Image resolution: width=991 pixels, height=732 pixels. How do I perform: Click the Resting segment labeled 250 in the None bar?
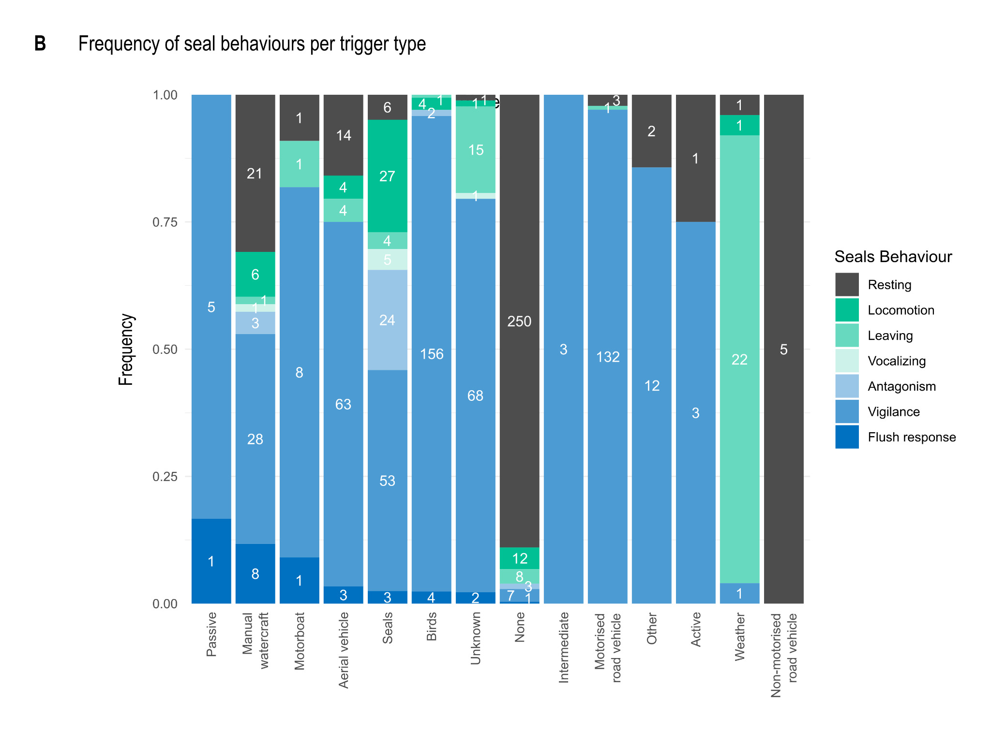click(x=519, y=321)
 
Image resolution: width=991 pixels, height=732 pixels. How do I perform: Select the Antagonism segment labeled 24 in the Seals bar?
click(x=387, y=320)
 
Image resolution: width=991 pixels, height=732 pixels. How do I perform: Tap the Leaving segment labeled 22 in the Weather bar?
click(x=739, y=359)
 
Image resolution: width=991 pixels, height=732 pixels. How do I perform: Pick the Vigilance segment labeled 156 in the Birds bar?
click(x=431, y=353)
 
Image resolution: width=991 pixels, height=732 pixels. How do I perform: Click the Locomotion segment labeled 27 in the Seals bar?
click(x=387, y=176)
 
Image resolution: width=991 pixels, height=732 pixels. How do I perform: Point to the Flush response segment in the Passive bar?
click(x=211, y=561)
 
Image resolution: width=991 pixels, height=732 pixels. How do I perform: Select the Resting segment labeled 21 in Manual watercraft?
click(x=255, y=173)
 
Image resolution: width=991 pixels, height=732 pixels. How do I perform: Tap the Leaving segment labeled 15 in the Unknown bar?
click(x=475, y=149)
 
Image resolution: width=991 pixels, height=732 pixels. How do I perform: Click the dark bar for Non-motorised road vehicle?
click(x=783, y=349)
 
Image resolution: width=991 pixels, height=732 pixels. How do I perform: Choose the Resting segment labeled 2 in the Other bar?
click(x=651, y=131)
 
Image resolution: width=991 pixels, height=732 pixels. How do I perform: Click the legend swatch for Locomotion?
click(x=847, y=310)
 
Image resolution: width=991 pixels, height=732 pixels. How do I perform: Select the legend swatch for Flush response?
click(x=847, y=437)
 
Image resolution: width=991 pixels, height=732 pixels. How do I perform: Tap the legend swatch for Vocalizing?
click(x=847, y=361)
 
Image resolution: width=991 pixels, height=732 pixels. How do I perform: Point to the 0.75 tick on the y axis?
click(x=165, y=222)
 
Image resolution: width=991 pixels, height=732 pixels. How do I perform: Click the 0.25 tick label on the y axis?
click(x=165, y=476)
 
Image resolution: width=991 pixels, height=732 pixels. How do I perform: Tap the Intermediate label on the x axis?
click(x=564, y=647)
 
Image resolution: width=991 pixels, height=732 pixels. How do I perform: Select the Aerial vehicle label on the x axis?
click(x=344, y=650)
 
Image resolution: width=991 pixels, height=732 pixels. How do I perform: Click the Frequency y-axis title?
click(x=126, y=349)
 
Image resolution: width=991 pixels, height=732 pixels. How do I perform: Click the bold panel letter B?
click(x=40, y=44)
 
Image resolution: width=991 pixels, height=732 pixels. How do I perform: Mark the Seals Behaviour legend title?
click(x=893, y=256)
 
